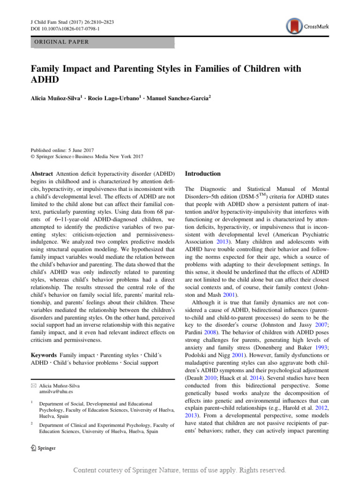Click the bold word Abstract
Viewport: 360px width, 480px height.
(x=42, y=173)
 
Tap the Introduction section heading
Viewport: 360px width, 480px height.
(x=203, y=173)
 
